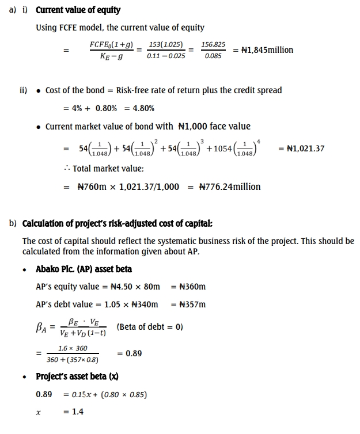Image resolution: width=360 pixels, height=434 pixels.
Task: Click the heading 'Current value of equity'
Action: (78, 10)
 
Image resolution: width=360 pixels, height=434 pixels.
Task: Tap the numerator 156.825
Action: (213, 44)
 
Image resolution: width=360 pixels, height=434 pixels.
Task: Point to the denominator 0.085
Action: (213, 57)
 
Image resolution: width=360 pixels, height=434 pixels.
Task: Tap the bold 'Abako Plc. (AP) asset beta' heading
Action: (84, 269)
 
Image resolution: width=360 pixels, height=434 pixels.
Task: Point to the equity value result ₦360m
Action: (192, 287)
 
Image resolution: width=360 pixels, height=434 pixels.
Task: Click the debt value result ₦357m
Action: (192, 304)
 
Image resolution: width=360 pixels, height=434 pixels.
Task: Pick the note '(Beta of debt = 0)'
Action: (150, 327)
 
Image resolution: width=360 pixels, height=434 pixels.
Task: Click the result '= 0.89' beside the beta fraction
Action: (130, 353)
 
